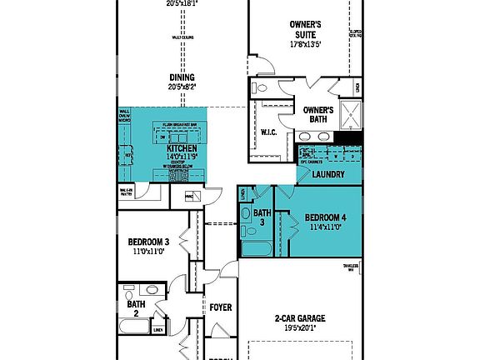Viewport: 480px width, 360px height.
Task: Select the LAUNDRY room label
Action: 328,175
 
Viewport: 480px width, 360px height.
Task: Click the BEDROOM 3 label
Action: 148,242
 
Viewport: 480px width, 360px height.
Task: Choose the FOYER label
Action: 220,307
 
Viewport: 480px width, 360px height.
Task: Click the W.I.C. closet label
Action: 268,132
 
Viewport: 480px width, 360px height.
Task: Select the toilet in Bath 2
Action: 151,291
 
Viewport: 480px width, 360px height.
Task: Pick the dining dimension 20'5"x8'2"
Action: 181,86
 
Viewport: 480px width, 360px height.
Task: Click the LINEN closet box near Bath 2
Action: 157,330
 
